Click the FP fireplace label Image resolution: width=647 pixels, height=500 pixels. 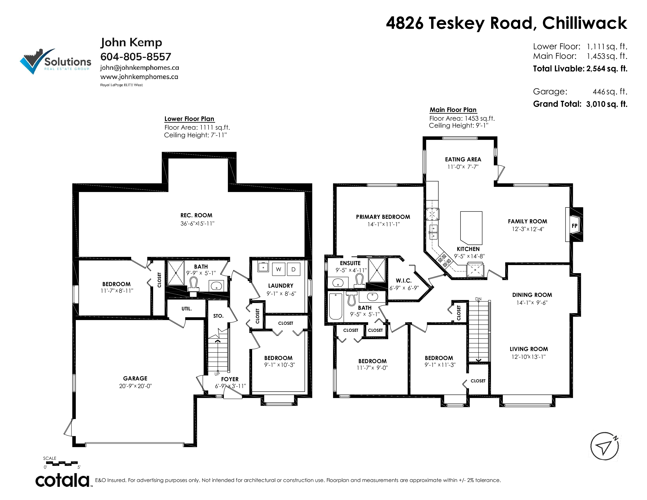coord(574,226)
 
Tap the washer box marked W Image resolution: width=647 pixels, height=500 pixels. coord(278,269)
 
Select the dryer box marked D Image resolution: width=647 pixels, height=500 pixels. coord(293,269)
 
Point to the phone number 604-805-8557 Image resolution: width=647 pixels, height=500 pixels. coord(136,57)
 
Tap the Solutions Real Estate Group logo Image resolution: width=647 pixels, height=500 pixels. coord(56,61)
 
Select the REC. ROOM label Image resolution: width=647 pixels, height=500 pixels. coord(196,215)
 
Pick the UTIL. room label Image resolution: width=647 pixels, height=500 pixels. coord(187,309)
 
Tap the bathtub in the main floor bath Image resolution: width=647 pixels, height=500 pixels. coord(336,306)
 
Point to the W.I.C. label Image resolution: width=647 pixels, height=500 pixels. coord(403,281)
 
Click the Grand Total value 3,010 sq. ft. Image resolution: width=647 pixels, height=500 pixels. coord(607,104)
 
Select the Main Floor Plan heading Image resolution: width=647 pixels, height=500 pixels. coord(453,110)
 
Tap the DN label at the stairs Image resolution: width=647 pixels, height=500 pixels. coord(478,299)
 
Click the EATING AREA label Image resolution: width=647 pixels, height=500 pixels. coord(463,159)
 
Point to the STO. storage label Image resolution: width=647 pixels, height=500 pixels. coord(218,316)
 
